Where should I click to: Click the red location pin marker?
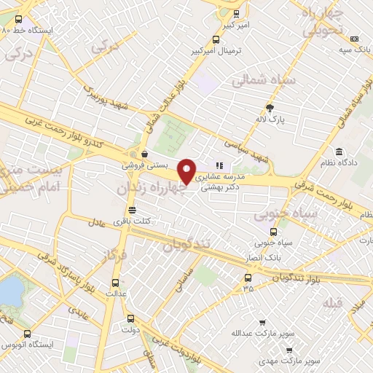[x=187, y=172]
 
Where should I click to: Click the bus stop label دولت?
[x=131, y=329]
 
